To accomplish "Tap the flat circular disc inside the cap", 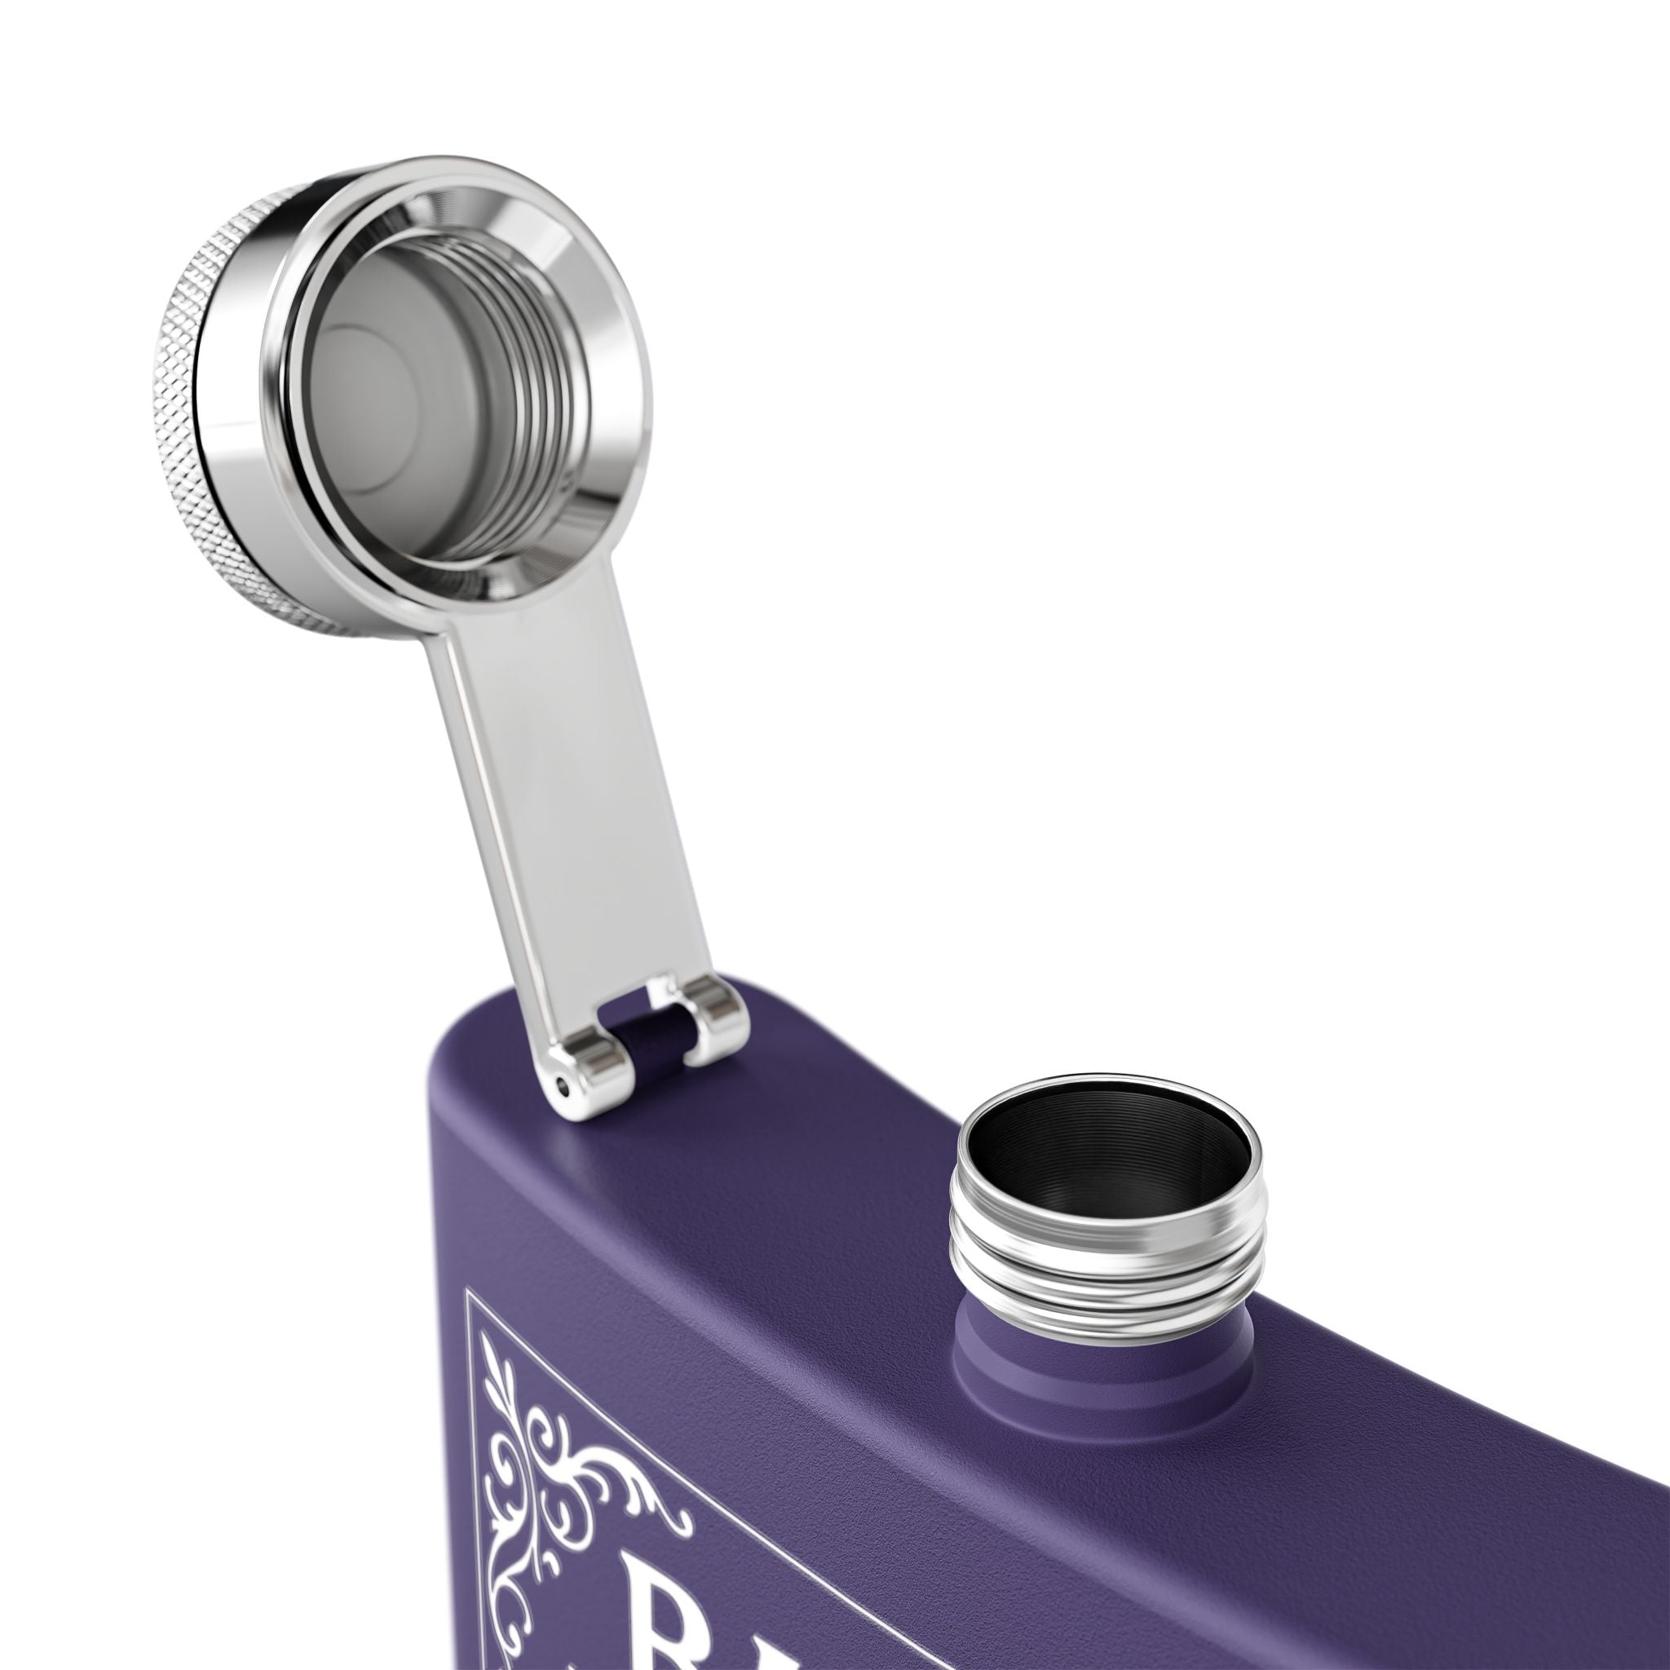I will pyautogui.click(x=372, y=380).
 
